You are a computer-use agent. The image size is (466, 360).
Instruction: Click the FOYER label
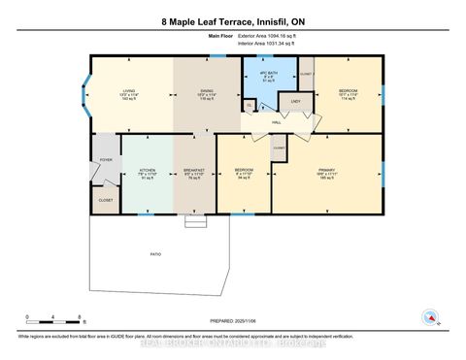104,162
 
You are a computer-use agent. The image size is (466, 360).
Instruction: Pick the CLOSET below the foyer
105,199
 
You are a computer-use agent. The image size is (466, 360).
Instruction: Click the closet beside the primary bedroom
279,147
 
